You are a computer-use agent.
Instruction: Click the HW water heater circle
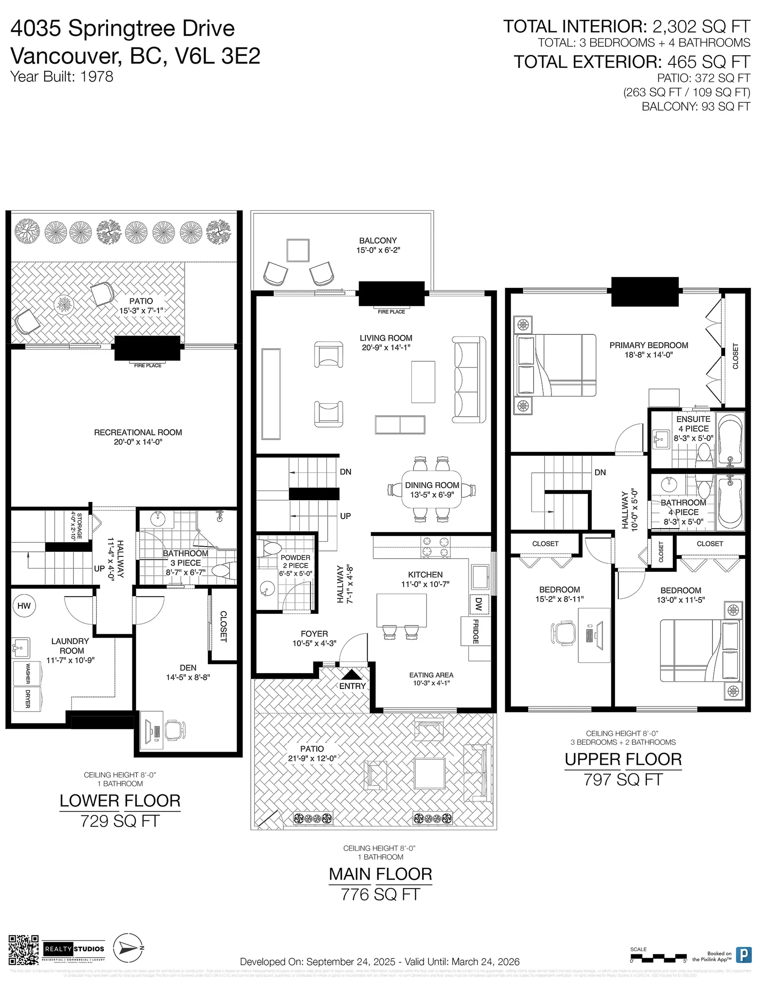(x=24, y=606)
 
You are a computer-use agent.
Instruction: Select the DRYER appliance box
(x=27, y=698)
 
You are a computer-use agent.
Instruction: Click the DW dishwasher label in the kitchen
(x=479, y=604)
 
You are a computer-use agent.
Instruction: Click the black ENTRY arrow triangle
(x=351, y=674)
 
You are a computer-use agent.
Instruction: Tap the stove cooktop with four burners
(x=435, y=547)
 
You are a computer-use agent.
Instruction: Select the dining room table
(x=432, y=489)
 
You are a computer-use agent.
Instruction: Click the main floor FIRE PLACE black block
(x=392, y=294)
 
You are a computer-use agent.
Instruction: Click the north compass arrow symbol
(x=129, y=948)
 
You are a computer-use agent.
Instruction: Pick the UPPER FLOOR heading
(x=623, y=759)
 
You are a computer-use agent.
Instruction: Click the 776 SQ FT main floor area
(x=380, y=894)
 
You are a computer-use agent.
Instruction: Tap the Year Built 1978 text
(x=62, y=76)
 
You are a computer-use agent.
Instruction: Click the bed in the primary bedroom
(x=555, y=365)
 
